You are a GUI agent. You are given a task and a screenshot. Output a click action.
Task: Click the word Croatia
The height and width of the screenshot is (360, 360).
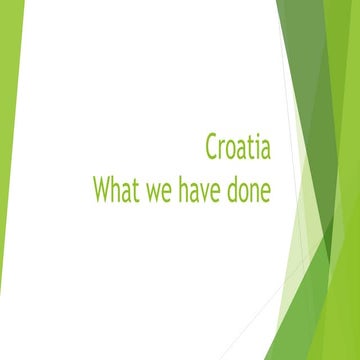[x=237, y=149]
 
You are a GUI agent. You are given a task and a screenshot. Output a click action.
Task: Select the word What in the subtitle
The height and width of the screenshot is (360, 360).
[x=118, y=189]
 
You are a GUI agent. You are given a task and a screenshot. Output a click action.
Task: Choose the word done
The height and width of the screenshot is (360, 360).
[x=250, y=189]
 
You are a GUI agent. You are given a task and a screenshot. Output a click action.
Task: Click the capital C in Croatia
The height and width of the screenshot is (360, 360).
[x=211, y=149]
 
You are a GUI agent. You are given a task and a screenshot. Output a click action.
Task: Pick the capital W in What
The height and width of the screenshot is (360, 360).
[x=103, y=189]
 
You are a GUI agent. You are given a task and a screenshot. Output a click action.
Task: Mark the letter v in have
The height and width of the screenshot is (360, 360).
[x=209, y=192]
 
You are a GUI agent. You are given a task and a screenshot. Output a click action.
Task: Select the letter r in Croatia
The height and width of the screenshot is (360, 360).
[x=223, y=152]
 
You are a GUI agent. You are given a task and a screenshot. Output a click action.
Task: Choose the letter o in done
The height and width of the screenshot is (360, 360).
[x=244, y=192]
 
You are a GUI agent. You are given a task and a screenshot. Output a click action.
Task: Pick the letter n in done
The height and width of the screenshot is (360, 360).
[x=255, y=192]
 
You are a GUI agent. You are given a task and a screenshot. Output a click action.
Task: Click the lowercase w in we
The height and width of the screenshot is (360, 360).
[x=156, y=192]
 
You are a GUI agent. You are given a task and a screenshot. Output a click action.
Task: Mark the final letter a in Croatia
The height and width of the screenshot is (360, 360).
[x=264, y=152]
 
